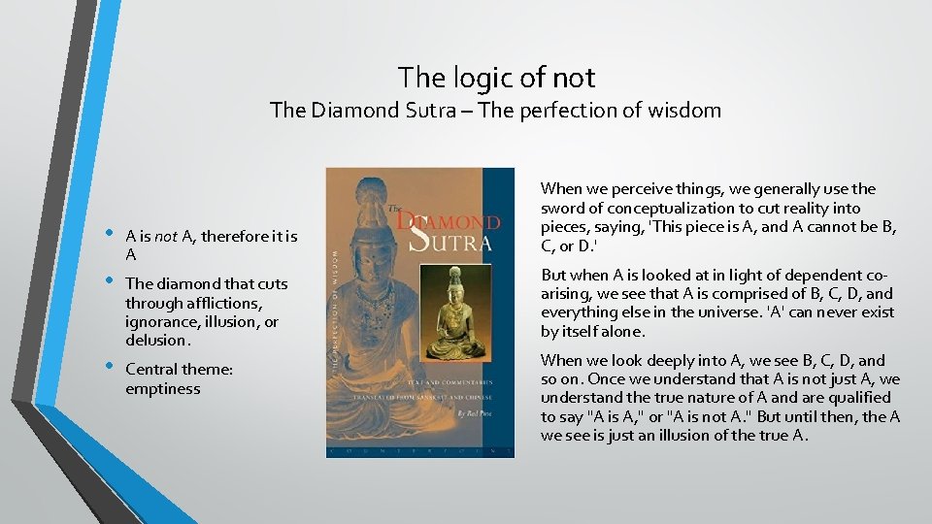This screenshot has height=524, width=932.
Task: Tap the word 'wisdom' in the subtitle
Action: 685,110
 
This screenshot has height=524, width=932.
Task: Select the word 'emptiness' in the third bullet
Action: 162,388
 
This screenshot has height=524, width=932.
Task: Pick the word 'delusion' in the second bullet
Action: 158,340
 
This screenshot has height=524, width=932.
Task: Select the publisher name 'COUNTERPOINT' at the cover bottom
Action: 419,451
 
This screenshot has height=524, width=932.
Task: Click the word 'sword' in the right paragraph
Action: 563,208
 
